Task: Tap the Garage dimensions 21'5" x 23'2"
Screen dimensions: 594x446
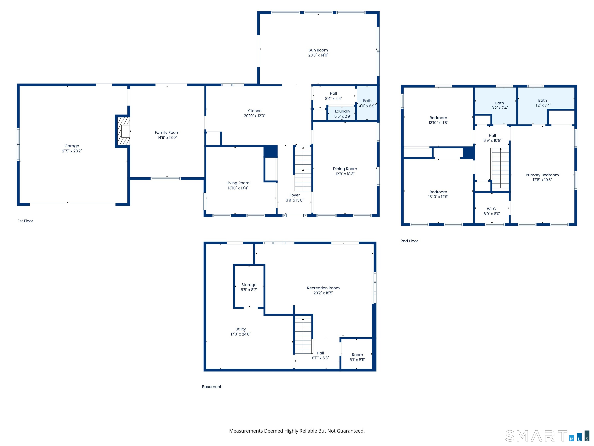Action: point(72,151)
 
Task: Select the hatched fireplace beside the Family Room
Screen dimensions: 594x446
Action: point(123,131)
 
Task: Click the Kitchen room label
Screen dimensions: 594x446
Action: point(254,111)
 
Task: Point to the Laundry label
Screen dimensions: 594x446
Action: point(343,111)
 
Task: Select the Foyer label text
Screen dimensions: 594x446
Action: point(295,195)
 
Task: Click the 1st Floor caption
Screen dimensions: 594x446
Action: point(26,221)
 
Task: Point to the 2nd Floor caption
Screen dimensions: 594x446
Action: point(409,241)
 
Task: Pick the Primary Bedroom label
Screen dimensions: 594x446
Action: point(542,175)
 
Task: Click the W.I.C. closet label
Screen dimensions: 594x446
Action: point(492,209)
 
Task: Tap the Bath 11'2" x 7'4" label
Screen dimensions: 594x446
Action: point(542,103)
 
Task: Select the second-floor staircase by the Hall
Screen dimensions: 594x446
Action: point(500,168)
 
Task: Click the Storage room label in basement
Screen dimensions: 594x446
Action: point(249,285)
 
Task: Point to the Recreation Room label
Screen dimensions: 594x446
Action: point(323,288)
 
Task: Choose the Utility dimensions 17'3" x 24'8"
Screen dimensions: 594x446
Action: point(241,334)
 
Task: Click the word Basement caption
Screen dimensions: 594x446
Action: point(212,387)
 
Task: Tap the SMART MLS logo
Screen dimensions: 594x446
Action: point(547,436)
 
